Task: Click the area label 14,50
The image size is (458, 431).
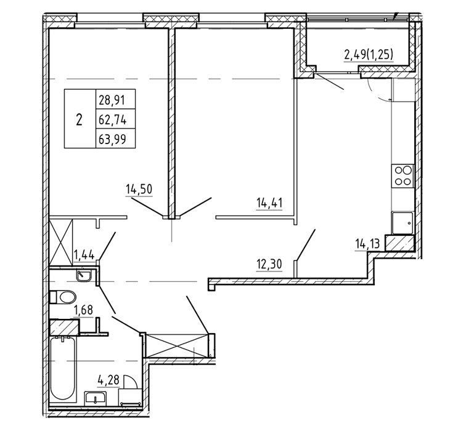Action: tap(139, 190)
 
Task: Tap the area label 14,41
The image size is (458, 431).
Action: tap(269, 203)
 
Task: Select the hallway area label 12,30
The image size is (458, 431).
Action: tap(269, 264)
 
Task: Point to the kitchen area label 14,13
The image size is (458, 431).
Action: tap(367, 243)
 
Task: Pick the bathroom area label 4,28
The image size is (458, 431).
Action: tap(108, 380)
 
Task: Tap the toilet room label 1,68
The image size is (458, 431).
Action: tap(83, 310)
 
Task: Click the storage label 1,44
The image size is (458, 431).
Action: tap(84, 255)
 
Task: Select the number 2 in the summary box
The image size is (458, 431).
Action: tap(79, 119)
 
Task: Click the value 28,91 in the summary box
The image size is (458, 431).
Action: tap(112, 100)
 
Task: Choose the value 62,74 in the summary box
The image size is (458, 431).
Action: tap(112, 119)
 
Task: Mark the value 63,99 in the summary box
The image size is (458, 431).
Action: tap(112, 139)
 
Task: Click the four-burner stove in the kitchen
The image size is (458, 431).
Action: tap(403, 175)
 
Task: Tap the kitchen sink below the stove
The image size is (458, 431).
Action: tap(403, 223)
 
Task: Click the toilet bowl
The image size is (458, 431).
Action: tap(63, 297)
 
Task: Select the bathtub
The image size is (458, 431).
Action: tap(62, 369)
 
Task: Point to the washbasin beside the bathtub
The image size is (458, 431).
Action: tap(95, 397)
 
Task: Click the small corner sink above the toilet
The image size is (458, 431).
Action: tap(84, 276)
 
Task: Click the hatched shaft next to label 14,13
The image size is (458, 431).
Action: tap(399, 243)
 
